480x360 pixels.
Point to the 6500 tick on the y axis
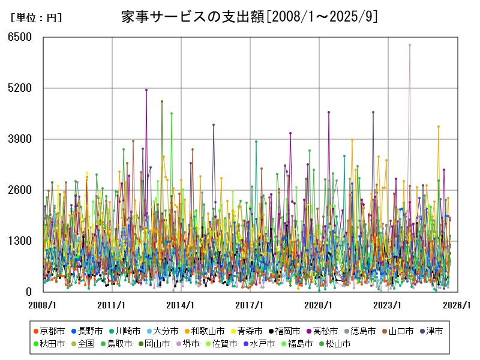(20, 37)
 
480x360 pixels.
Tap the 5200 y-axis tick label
(20, 88)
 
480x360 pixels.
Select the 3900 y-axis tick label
(20, 139)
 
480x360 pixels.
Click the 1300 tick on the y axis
(20, 241)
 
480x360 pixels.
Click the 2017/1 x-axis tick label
(251, 305)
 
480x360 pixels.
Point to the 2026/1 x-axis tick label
(458, 305)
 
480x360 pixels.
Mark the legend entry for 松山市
(333, 344)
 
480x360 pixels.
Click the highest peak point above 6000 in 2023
(410, 44)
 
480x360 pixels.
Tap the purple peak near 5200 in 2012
(146, 90)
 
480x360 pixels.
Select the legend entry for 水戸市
(259, 344)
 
